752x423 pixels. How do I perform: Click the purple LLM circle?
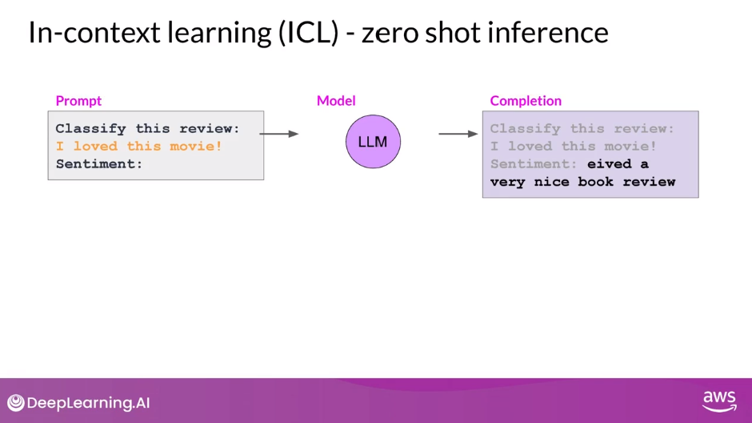(x=372, y=142)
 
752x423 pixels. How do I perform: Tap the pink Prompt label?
(x=78, y=101)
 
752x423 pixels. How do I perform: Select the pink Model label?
(x=336, y=101)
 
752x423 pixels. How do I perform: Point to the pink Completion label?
(x=526, y=101)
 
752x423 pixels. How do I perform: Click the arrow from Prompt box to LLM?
(x=279, y=134)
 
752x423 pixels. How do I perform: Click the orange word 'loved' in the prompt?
(x=95, y=146)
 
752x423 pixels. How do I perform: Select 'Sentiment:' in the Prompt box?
(x=99, y=163)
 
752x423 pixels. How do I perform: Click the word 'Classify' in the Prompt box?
(x=90, y=128)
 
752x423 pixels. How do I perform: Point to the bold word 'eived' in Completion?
(x=609, y=163)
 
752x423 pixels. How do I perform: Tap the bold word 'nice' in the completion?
(x=551, y=181)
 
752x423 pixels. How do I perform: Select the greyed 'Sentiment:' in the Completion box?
(x=534, y=163)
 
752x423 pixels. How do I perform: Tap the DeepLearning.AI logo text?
(x=88, y=403)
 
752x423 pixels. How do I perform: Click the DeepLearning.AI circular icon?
(x=16, y=403)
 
